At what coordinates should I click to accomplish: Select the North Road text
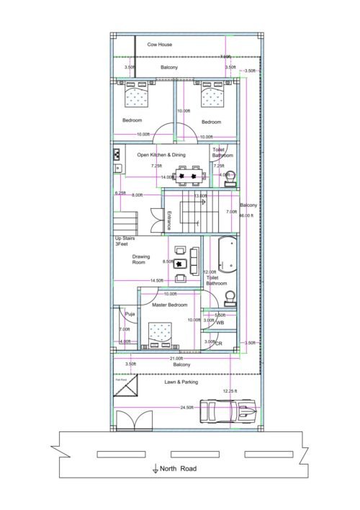pos(177,468)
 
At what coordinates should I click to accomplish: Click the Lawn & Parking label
pos(181,382)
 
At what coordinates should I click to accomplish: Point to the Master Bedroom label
pos(171,305)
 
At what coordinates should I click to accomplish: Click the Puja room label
pos(130,314)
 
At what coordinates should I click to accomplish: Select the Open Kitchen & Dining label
pos(161,155)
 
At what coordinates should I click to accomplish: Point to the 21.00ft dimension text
pos(176,358)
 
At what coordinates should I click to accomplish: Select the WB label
pos(220,322)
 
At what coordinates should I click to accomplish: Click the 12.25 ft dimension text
pos(230,391)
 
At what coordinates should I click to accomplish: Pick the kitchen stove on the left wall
pos(117,154)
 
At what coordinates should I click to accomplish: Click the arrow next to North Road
pos(155,469)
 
